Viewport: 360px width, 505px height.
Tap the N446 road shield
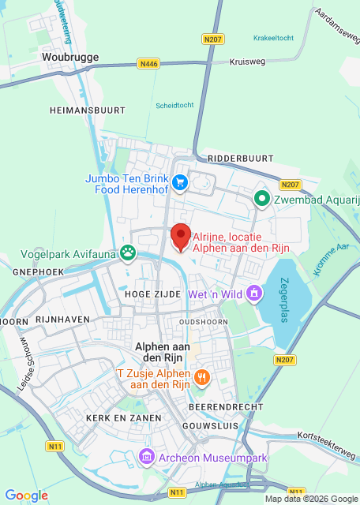pyautogui.click(x=148, y=63)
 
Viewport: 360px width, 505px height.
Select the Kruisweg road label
pyautogui.click(x=246, y=62)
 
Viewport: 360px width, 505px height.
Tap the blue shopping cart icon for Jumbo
pyautogui.click(x=180, y=184)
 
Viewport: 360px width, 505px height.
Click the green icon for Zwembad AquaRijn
pyautogui.click(x=261, y=200)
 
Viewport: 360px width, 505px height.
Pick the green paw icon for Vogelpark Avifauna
pyautogui.click(x=128, y=253)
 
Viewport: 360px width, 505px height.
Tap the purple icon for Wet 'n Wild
pyautogui.click(x=254, y=294)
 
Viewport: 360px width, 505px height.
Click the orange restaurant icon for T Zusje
pyautogui.click(x=202, y=378)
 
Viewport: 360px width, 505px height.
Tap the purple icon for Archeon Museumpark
pyautogui.click(x=147, y=457)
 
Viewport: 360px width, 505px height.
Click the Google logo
pyautogui.click(x=26, y=495)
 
